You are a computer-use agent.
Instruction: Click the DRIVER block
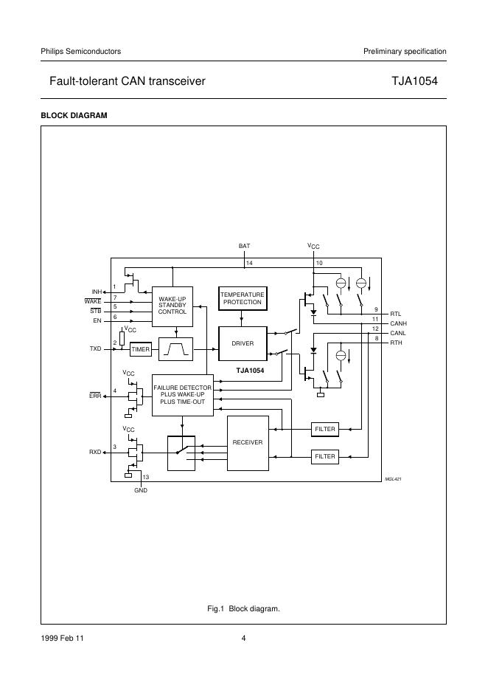tap(243, 343)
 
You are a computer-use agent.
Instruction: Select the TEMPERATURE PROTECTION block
tap(243, 298)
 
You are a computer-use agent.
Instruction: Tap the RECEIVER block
tap(248, 443)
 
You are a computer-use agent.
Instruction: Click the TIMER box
tap(141, 349)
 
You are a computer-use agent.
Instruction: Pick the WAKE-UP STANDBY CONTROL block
tap(172, 306)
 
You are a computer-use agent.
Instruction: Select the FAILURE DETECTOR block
tap(183, 395)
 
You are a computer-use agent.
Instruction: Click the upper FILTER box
tap(325, 429)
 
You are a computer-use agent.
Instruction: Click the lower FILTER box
tap(325, 456)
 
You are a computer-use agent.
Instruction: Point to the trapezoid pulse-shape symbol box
tap(175, 349)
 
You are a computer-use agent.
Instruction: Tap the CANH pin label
tap(398, 323)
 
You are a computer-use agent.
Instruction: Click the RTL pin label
tap(396, 314)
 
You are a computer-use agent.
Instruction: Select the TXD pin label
tap(96, 348)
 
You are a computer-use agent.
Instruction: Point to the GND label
tap(141, 490)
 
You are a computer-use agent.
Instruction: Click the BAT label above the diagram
tap(244, 246)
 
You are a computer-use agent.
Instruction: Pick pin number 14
tap(249, 263)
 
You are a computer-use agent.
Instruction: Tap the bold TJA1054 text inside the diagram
tap(250, 371)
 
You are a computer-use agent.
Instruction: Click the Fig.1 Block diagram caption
tap(243, 609)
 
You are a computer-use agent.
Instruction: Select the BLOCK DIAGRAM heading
tap(74, 115)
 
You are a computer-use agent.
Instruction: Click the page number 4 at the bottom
tap(243, 638)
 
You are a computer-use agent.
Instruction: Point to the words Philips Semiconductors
tap(81, 51)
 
